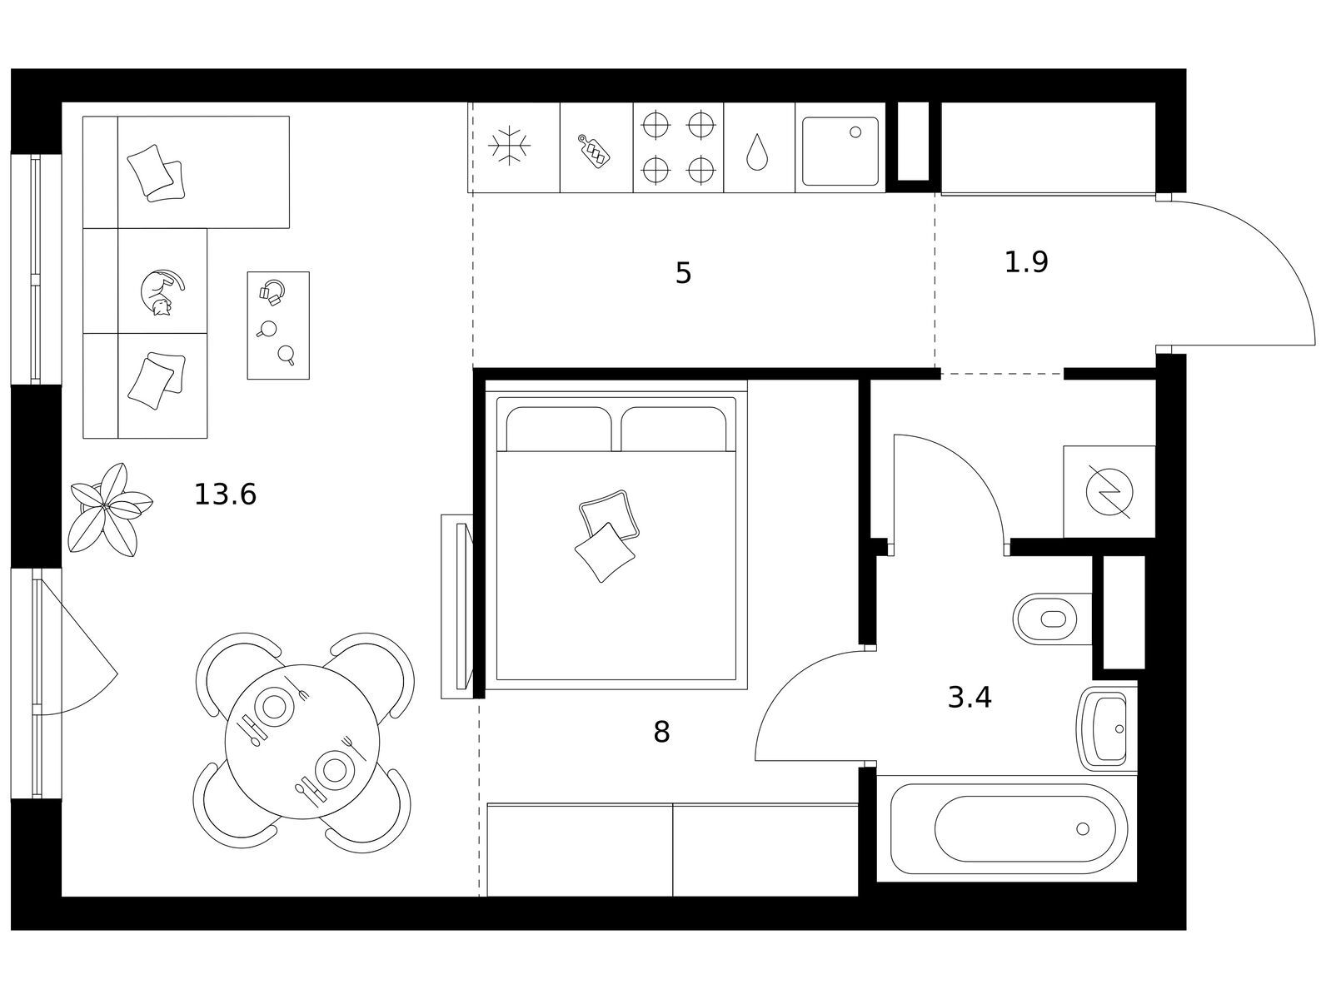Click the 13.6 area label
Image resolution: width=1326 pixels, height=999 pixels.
point(225,495)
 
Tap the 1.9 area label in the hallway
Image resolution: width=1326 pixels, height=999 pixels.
point(1026,262)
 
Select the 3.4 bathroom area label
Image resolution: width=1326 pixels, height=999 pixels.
point(969,698)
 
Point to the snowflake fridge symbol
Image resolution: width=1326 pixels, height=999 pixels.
point(509,146)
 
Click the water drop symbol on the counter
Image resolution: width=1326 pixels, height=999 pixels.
point(757,152)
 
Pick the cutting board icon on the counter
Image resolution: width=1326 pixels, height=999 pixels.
point(594,151)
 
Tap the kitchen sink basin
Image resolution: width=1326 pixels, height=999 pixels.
point(840,151)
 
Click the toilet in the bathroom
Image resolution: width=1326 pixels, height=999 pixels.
point(1052,619)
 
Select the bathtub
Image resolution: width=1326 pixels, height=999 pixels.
point(1009,828)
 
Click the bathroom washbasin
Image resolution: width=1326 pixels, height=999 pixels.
point(1107,728)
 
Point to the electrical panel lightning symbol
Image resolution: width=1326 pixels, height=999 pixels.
point(1109,492)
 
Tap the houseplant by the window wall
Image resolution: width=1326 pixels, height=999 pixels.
point(109,509)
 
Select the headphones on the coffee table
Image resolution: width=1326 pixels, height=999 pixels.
point(272,291)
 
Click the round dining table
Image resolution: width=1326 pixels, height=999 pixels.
point(302,742)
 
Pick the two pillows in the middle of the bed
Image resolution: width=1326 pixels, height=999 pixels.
point(606,535)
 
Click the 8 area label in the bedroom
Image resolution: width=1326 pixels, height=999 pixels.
point(661,733)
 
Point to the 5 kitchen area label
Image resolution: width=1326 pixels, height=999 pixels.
point(683,273)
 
